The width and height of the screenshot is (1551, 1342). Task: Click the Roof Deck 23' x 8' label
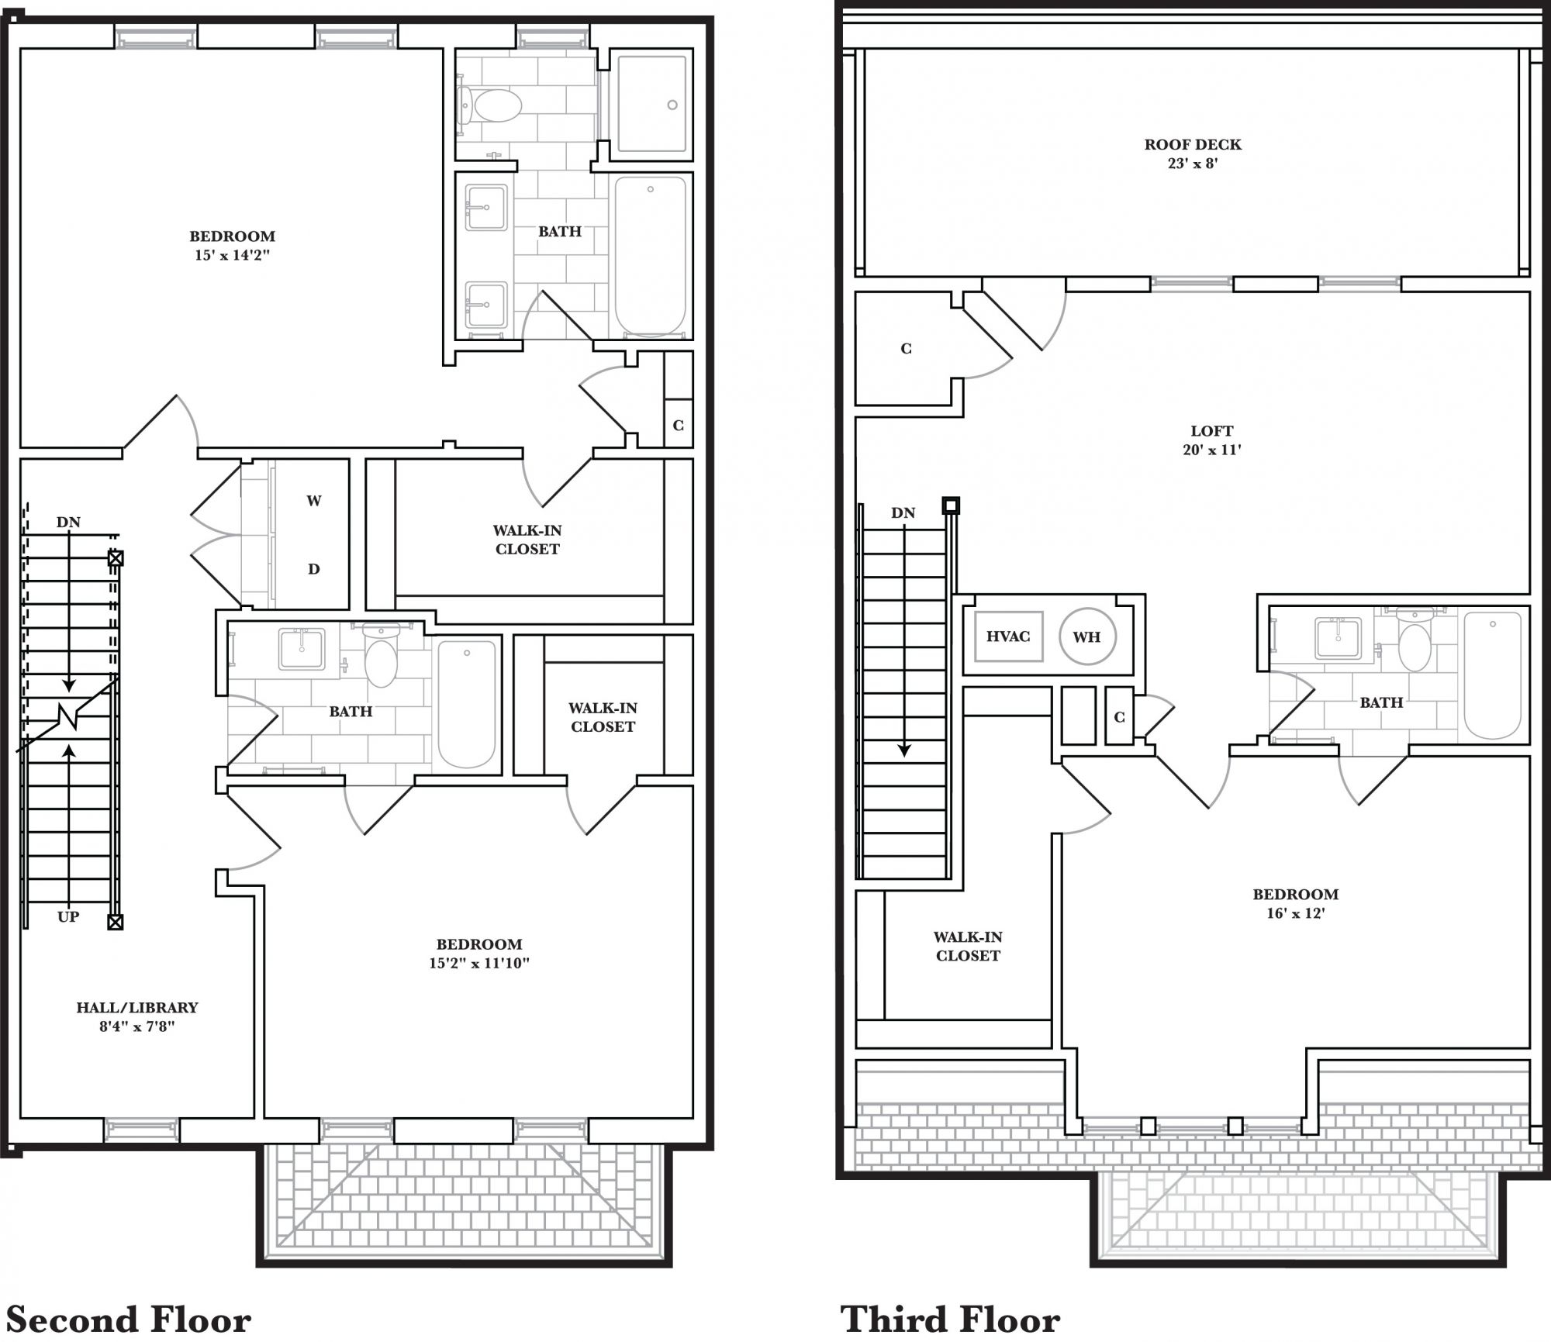[1193, 154]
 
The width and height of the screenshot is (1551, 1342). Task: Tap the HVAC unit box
[1008, 637]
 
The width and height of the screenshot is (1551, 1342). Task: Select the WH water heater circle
[1087, 637]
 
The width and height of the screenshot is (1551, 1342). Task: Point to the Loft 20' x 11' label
[1211, 440]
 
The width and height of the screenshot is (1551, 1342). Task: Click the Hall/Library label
[137, 1016]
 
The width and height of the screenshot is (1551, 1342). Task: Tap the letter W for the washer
[314, 501]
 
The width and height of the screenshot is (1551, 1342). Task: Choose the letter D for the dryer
[314, 569]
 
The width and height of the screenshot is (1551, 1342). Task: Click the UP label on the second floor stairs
[68, 917]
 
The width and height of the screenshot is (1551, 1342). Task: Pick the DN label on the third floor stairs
[903, 512]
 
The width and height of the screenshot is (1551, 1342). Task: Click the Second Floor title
[129, 1319]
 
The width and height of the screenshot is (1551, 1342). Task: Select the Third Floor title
[950, 1319]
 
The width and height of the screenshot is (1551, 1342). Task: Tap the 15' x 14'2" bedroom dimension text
[232, 255]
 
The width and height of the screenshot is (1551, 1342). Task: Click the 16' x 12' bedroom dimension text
[1295, 913]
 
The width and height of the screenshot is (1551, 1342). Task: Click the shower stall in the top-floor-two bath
[651, 104]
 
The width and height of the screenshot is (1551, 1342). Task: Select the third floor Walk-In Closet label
[968, 947]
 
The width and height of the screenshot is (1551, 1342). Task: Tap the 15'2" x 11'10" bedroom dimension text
[479, 964]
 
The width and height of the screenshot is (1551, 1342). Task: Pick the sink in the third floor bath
[1338, 638]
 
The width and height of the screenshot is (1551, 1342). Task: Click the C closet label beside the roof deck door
[906, 349]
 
